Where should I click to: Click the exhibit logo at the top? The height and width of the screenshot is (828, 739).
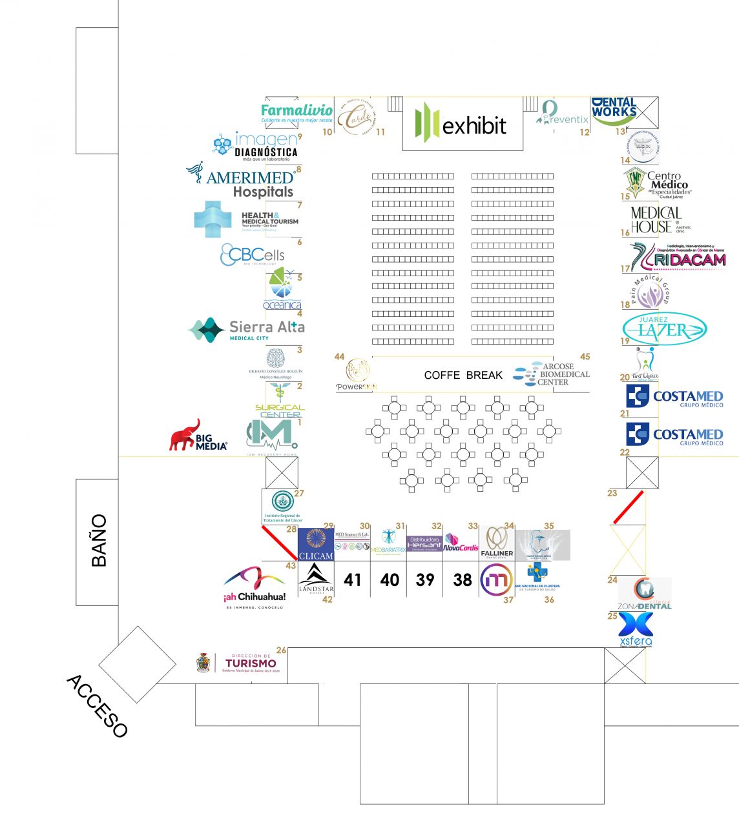point(462,124)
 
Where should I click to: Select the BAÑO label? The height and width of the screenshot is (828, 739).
point(98,541)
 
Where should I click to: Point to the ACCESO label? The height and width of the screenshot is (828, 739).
point(97,706)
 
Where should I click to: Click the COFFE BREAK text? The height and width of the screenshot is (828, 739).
point(463,375)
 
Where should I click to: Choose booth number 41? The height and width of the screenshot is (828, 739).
point(352,580)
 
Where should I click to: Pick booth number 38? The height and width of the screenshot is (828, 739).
point(463,580)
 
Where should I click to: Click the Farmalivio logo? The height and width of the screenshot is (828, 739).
point(297,112)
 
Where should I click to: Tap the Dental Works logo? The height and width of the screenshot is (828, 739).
point(614,111)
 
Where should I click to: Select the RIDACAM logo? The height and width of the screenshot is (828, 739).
point(678,257)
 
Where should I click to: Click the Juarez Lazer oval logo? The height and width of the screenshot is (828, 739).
point(664,328)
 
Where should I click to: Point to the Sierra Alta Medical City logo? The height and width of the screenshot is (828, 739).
point(247,330)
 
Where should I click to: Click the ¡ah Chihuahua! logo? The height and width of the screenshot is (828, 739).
point(255,587)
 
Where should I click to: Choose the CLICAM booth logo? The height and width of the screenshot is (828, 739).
point(316,543)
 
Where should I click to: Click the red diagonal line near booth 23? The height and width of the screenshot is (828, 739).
point(628,507)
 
